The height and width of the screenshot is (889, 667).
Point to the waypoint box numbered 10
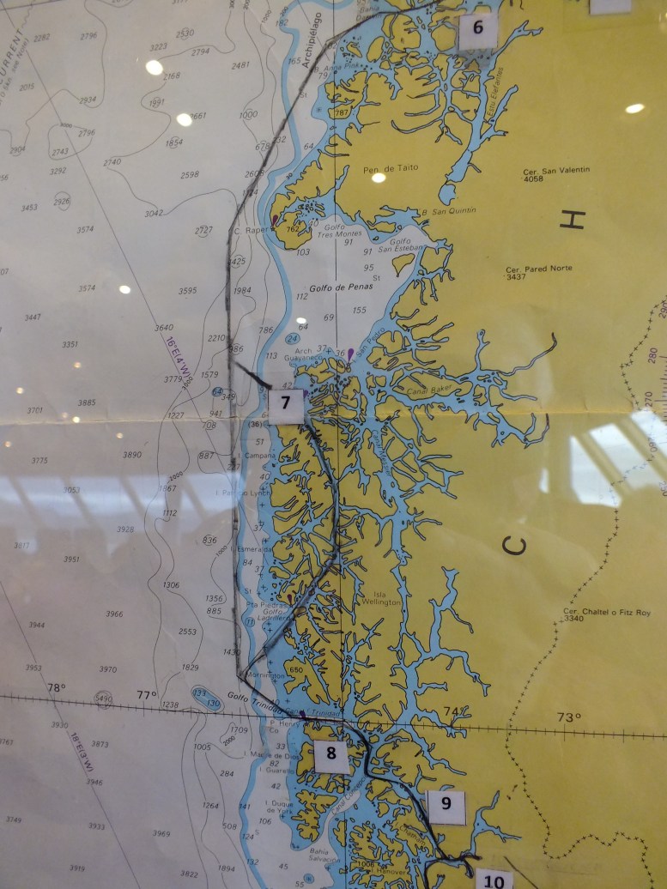pos(494,880)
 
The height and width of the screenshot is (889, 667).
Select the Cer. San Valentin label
pos(556,171)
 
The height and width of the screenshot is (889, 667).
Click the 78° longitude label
pos(56,688)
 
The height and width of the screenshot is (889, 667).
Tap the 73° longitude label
pos(568,717)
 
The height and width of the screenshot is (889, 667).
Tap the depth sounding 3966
pos(114,614)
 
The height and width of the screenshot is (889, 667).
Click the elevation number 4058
pos(536,180)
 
